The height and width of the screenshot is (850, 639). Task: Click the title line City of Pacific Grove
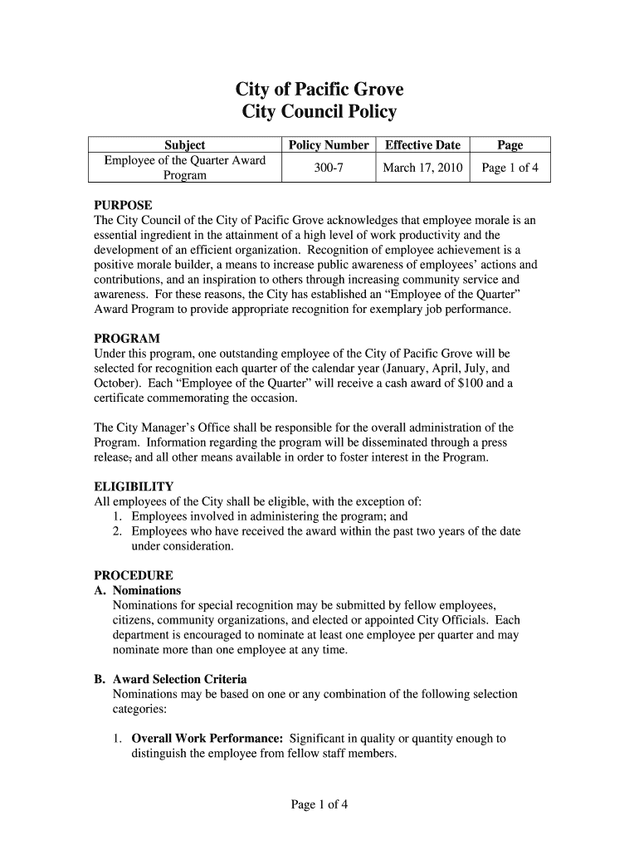(x=319, y=90)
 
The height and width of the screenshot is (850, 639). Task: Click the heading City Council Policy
(x=319, y=112)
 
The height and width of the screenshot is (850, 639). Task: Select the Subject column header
(x=184, y=144)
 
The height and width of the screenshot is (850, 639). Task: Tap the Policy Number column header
(x=329, y=144)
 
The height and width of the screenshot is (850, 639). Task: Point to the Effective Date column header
(x=422, y=144)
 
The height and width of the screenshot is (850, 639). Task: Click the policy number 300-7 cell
(x=329, y=168)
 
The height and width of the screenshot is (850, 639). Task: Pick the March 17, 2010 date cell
(x=422, y=168)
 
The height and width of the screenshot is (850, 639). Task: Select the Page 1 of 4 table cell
(x=510, y=168)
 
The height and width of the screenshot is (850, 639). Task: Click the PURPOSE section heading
(x=123, y=205)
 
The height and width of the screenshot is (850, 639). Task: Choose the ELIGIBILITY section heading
(x=134, y=486)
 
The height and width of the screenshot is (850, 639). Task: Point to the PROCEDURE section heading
(x=134, y=575)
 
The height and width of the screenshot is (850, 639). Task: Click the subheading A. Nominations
(x=138, y=590)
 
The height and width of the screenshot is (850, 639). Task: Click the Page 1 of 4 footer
(x=319, y=804)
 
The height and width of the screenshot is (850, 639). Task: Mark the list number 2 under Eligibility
(x=118, y=531)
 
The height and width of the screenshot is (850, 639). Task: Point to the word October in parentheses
(x=116, y=383)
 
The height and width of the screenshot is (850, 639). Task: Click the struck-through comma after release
(x=132, y=458)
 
